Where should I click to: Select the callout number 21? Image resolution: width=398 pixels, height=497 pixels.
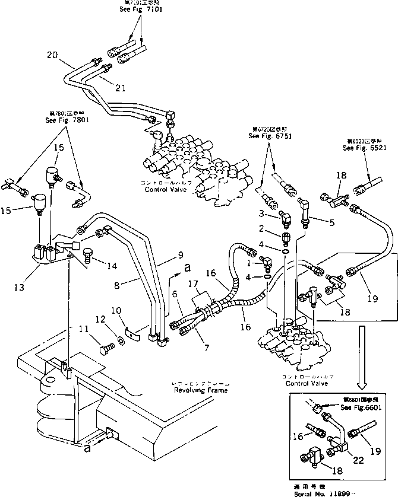tap(120, 88)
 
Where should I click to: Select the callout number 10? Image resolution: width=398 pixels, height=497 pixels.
tap(115, 310)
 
